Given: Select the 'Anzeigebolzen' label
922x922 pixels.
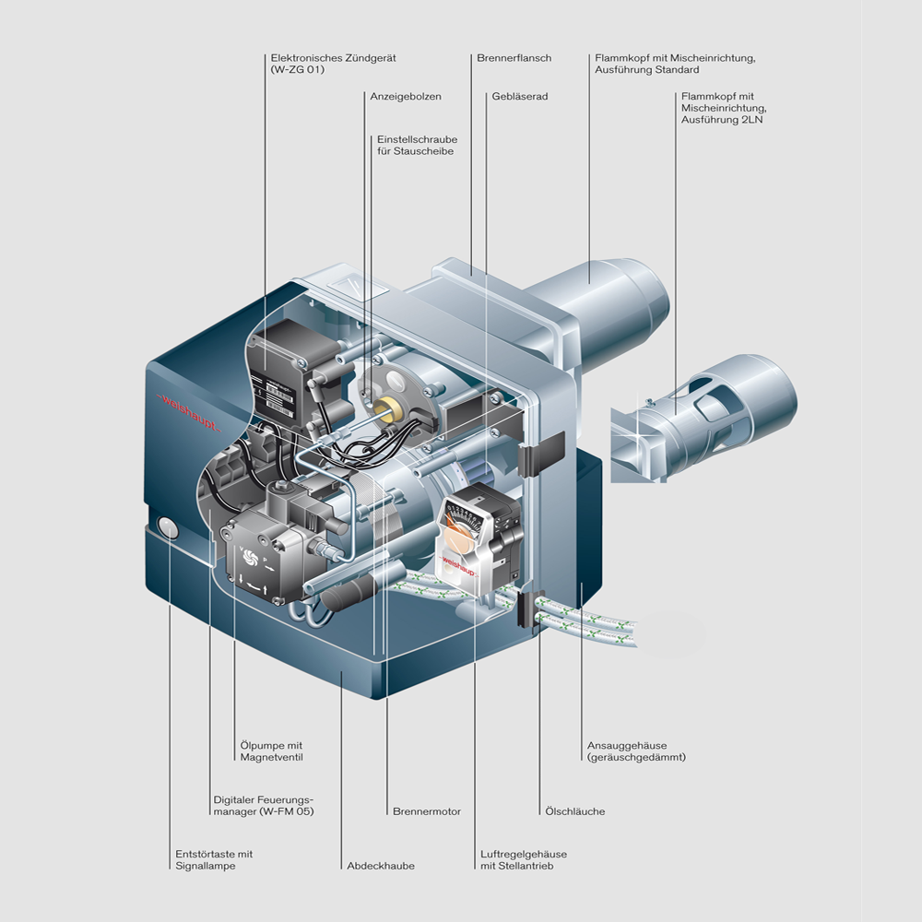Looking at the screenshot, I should coord(406,96).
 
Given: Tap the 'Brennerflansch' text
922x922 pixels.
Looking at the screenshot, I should coord(514,58).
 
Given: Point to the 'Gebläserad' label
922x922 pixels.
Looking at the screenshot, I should coord(520,96).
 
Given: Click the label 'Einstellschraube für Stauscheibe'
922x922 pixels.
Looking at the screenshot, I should coord(417,145).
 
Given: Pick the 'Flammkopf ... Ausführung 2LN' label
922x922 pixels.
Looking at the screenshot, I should coord(718,108).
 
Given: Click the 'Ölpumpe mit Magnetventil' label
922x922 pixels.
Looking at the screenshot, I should coord(271,751).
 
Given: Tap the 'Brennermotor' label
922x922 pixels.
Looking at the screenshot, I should coord(426,811).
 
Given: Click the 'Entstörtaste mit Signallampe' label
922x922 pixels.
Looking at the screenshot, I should coord(214,859).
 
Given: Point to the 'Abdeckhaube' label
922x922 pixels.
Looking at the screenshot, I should coord(381,866).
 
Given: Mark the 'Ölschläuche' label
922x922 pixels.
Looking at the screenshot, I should coord(573,811).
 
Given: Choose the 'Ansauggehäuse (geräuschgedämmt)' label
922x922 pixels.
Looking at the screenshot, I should coord(636,751).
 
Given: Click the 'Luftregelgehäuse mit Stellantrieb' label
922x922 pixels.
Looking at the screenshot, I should coord(523,859).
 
